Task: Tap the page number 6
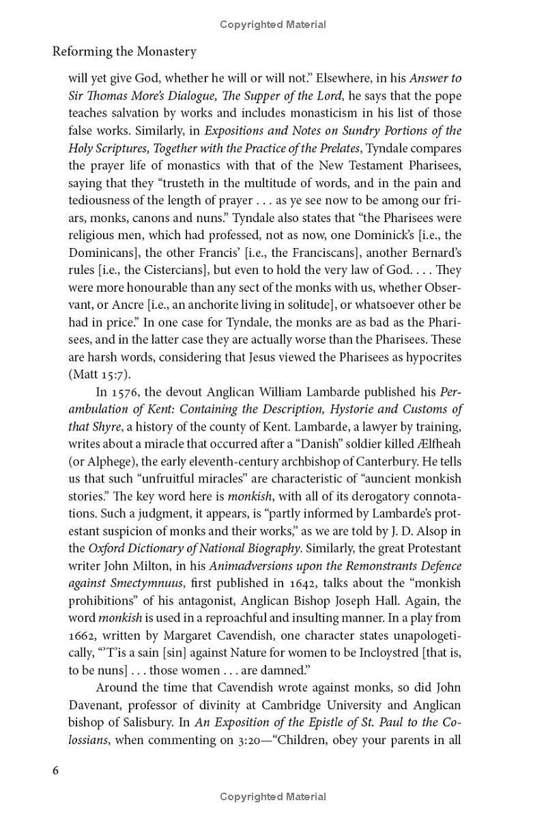click(56, 770)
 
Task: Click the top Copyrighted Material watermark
click(273, 25)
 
